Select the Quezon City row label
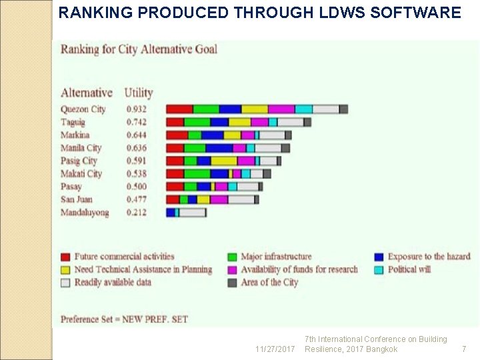click(83, 109)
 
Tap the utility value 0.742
click(137, 122)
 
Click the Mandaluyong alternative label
click(85, 213)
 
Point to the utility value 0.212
click(137, 213)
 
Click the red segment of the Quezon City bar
click(179, 109)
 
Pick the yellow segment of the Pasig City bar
click(224, 161)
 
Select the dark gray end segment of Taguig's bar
click(307, 122)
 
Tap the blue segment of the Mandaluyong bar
click(171, 213)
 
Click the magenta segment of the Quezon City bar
click(281, 109)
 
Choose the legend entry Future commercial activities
click(124, 257)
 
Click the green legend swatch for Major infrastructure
click(233, 257)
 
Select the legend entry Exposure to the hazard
click(429, 257)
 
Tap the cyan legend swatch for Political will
click(379, 269)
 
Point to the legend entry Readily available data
click(113, 282)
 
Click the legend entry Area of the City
click(269, 282)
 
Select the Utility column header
click(139, 93)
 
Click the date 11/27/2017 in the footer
click(275, 349)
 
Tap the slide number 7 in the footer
click(464, 349)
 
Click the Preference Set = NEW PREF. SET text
click(125, 319)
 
